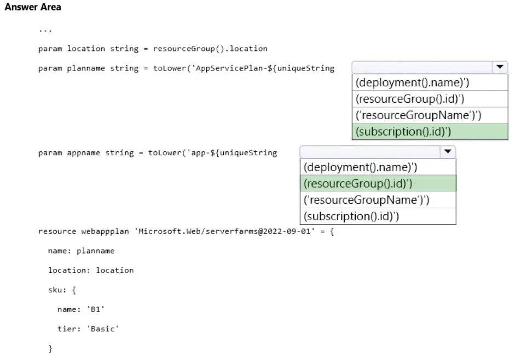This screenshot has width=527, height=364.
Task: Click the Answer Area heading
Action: (x=33, y=7)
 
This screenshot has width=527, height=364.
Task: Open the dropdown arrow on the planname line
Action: (x=500, y=67)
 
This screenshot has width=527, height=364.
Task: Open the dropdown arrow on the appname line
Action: (x=448, y=151)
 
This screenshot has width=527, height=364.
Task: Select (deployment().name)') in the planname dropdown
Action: (x=413, y=83)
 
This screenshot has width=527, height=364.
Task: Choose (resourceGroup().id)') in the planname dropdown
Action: (x=410, y=99)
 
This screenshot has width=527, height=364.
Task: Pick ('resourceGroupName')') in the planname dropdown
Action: (x=419, y=115)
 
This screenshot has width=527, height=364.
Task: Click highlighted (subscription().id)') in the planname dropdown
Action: (x=403, y=132)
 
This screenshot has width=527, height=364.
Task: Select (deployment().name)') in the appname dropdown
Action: (x=360, y=167)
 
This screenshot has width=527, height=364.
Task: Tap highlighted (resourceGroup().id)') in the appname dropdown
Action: (x=358, y=184)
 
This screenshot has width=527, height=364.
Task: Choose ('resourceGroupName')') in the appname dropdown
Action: (x=366, y=200)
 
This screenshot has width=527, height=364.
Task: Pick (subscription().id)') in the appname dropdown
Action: (x=351, y=216)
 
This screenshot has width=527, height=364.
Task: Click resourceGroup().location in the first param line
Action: (x=210, y=49)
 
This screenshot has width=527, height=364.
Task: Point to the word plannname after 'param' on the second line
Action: (x=86, y=68)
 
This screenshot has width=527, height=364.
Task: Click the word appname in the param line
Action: (x=83, y=153)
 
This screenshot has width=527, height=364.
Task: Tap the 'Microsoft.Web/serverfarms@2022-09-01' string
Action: (x=224, y=231)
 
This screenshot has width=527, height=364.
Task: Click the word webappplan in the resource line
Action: (x=105, y=232)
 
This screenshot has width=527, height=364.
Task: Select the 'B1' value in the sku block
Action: (x=96, y=309)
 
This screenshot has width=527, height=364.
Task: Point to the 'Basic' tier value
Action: (x=103, y=328)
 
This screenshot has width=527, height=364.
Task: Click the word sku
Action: (x=55, y=290)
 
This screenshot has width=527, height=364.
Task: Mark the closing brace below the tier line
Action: (x=50, y=349)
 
